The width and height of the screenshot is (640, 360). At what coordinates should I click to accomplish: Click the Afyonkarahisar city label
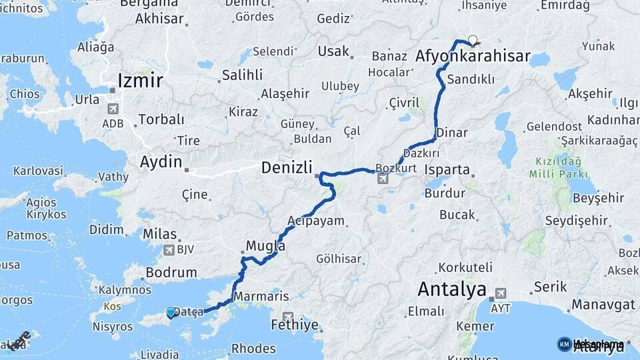click(473, 57)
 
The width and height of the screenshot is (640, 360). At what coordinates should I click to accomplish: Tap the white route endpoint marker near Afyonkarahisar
click(473, 39)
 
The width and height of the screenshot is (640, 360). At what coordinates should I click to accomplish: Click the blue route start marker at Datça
click(171, 312)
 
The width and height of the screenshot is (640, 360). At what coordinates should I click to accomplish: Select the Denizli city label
click(287, 168)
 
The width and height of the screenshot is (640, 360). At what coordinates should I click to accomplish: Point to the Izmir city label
click(140, 81)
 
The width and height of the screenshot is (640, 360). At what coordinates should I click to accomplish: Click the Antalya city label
click(451, 290)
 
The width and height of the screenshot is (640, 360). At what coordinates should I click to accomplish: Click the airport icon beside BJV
click(168, 250)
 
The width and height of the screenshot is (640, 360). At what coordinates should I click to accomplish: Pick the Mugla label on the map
click(265, 246)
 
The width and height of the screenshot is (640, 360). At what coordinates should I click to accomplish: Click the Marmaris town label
click(261, 296)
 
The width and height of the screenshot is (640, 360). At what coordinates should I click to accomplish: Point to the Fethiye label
click(295, 325)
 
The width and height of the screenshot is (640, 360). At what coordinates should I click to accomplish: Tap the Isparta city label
click(451, 169)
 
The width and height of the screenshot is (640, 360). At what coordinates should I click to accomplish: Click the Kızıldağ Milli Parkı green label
click(559, 167)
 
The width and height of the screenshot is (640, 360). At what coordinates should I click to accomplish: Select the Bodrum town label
click(171, 272)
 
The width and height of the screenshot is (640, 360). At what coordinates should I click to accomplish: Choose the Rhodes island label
click(253, 348)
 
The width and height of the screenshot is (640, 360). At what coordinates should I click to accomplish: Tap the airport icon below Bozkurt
click(383, 179)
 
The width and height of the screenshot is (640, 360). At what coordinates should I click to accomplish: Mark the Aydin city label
click(161, 161)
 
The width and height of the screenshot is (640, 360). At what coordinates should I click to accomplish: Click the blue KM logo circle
click(564, 344)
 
